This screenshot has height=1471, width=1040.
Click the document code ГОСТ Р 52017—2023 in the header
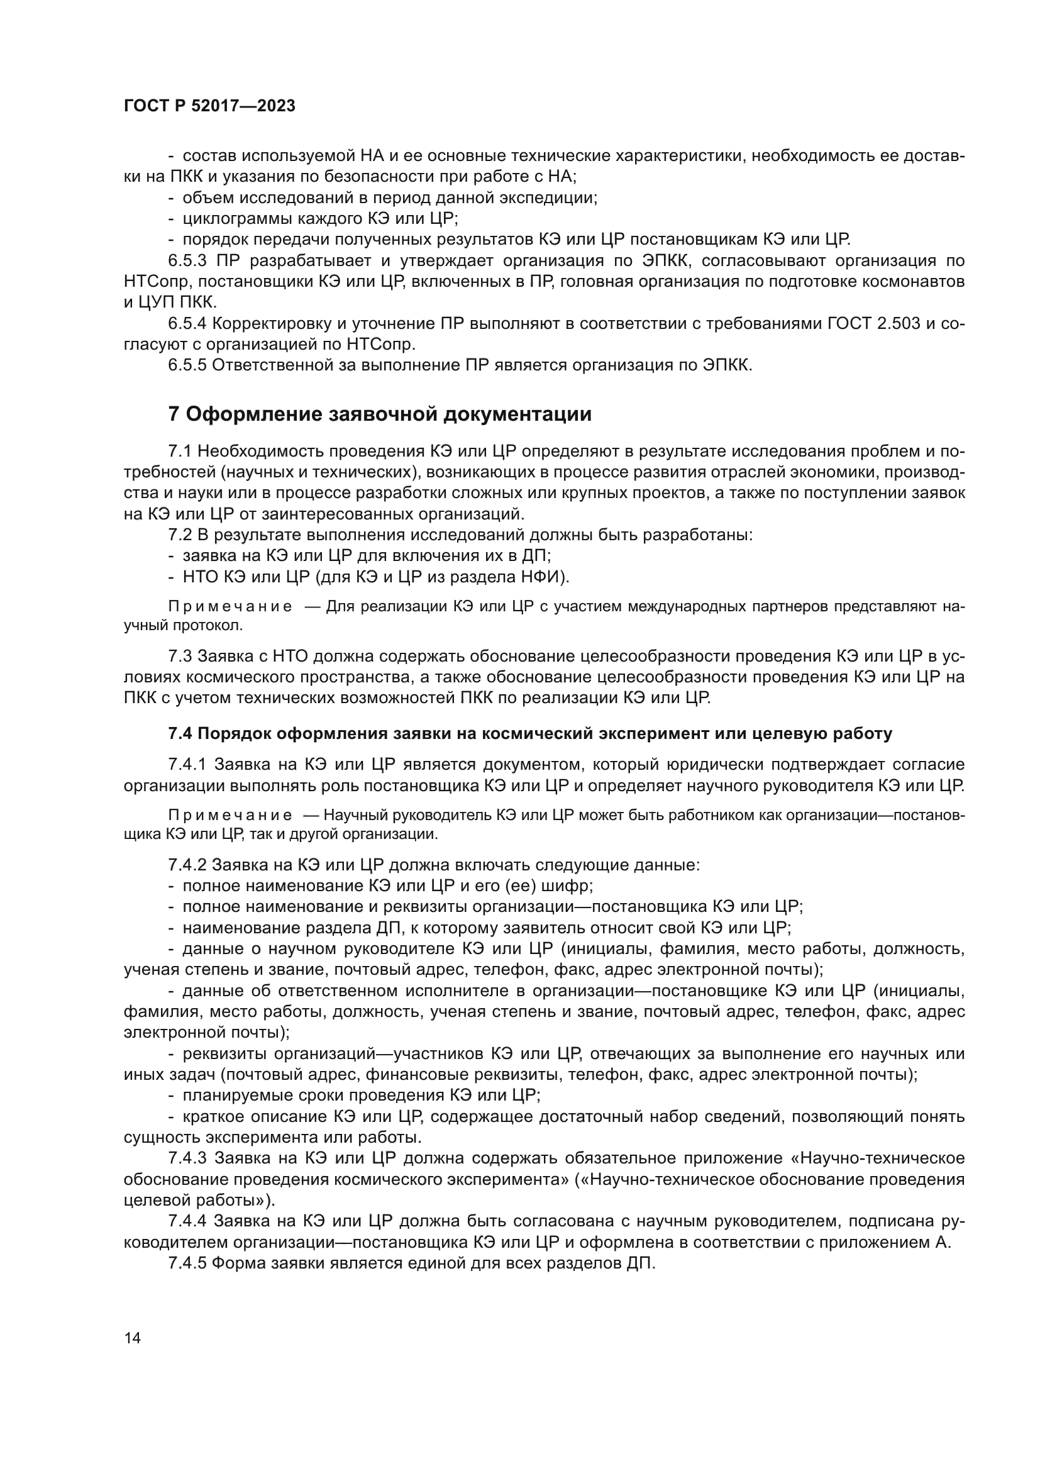point(209,106)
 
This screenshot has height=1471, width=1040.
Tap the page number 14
point(133,1338)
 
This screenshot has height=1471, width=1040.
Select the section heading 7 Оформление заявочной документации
point(379,414)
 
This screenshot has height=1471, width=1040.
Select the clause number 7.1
point(180,451)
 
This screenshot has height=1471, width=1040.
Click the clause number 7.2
point(180,535)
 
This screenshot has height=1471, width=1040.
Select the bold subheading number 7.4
point(180,733)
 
